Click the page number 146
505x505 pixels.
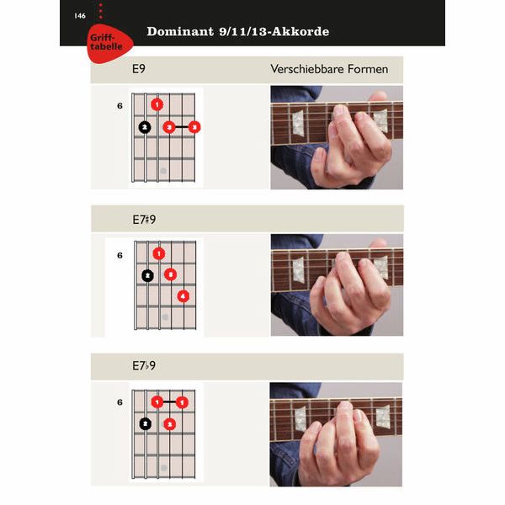[x=80, y=16]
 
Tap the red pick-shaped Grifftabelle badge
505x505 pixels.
[x=109, y=43]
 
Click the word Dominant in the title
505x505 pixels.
[x=180, y=32]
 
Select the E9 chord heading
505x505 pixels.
[x=139, y=69]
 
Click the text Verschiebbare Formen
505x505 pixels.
[x=329, y=69]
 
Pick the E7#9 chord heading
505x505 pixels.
[x=144, y=220]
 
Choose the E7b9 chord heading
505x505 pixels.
[x=144, y=365]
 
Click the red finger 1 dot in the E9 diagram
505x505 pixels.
[x=157, y=104]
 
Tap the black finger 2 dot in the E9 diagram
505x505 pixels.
[x=145, y=127]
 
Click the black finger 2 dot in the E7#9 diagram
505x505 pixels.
[x=147, y=276]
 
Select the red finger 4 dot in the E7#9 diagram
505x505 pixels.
[x=183, y=296]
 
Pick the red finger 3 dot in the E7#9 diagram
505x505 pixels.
[x=170, y=274]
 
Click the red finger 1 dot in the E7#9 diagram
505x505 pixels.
[x=159, y=254]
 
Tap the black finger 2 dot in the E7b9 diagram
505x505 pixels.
[x=146, y=423]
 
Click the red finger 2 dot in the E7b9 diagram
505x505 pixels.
[x=170, y=424]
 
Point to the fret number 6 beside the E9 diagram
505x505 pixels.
[x=120, y=106]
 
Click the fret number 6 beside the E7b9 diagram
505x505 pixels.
[x=120, y=402]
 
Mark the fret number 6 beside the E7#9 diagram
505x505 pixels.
[x=120, y=255]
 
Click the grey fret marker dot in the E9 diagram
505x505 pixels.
[x=163, y=170]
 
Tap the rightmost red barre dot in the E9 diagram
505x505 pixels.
[x=194, y=127]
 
